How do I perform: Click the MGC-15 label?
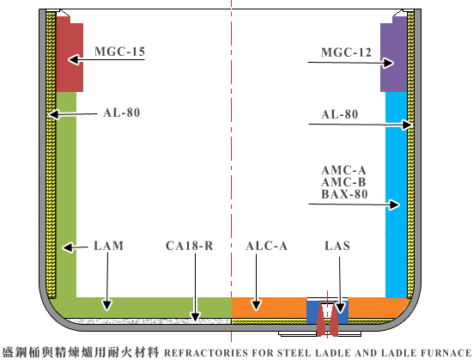pos(120,52)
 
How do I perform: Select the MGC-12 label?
pos(346,52)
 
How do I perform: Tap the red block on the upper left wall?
pos(70,54)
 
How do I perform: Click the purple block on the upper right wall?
pos(394,54)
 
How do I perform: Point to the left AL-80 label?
pos(122,113)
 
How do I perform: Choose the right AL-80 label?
pos(340,114)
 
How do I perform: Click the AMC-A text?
pos(343,170)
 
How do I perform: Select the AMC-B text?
pos(343,182)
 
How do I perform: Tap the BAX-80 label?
pos(344,194)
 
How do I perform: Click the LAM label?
pos(109,246)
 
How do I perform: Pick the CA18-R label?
pos(190,246)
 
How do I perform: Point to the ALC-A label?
pos(266,246)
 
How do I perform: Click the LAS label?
pos(337,246)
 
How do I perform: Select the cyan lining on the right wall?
pos(397,195)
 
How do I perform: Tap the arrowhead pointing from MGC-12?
pos(389,63)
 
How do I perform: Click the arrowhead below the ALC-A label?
pos(257,305)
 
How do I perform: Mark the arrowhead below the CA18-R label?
pos(195,316)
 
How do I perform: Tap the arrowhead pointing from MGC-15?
pos(74,59)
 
